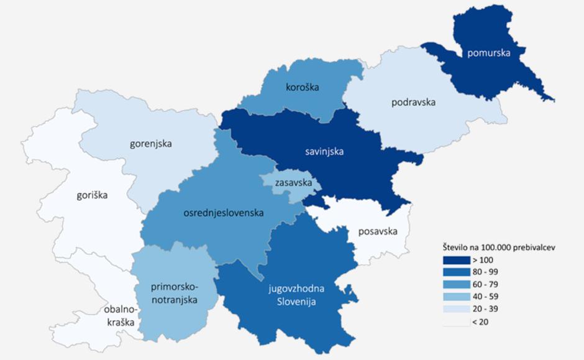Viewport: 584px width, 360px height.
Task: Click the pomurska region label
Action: pyautogui.click(x=489, y=53)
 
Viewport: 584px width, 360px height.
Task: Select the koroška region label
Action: pyautogui.click(x=303, y=87)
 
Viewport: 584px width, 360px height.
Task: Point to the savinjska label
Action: pyautogui.click(x=325, y=150)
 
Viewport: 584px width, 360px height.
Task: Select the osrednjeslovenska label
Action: pyautogui.click(x=223, y=213)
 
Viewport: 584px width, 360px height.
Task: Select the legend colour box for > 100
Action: pyautogui.click(x=456, y=260)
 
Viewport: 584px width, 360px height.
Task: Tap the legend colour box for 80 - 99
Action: pyautogui.click(x=456, y=272)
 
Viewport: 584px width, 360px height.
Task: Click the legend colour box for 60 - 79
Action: pyautogui.click(x=456, y=284)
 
